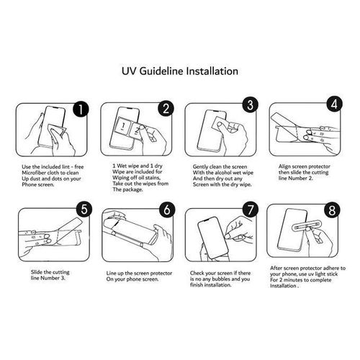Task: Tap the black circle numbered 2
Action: [x=166, y=110]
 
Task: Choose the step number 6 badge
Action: [x=166, y=210]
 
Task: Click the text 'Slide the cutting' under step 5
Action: [x=47, y=271]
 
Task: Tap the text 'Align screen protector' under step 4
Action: [x=302, y=166]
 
